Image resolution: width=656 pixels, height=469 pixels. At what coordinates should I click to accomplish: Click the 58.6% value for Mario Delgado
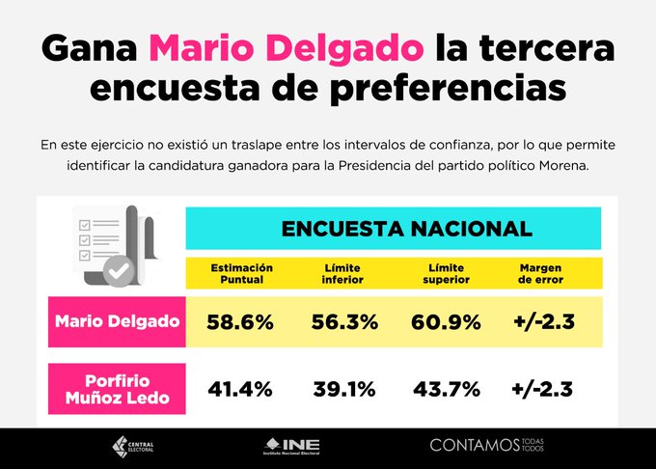point(239,322)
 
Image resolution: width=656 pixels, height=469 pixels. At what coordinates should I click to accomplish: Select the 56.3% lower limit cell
point(344,322)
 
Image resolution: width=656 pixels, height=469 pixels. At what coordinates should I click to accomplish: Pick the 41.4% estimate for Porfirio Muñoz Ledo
point(239,390)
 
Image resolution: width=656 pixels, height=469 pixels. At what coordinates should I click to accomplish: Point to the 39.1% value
point(344,390)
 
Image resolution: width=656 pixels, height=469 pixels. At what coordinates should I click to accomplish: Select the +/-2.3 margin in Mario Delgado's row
point(542,322)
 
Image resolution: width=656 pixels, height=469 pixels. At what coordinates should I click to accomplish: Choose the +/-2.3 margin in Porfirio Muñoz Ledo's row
point(542,390)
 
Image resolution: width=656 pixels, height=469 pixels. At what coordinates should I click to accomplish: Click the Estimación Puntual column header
point(242,273)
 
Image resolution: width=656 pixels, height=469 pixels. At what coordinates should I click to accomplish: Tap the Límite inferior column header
point(343,273)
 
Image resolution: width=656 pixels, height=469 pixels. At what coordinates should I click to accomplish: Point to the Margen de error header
point(541,273)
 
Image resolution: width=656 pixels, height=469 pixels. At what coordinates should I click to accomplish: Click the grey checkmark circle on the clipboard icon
point(119,272)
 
